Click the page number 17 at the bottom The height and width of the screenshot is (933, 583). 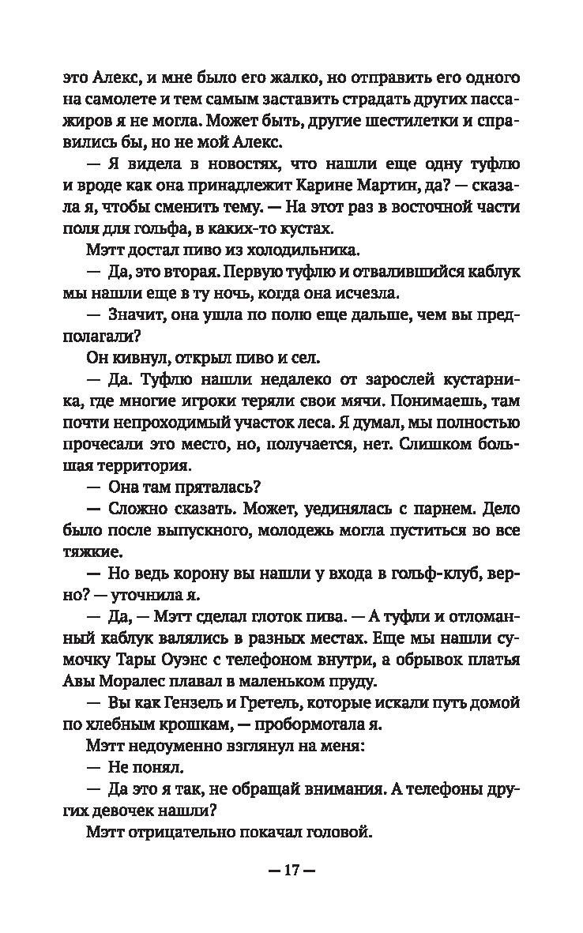click(x=291, y=872)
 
